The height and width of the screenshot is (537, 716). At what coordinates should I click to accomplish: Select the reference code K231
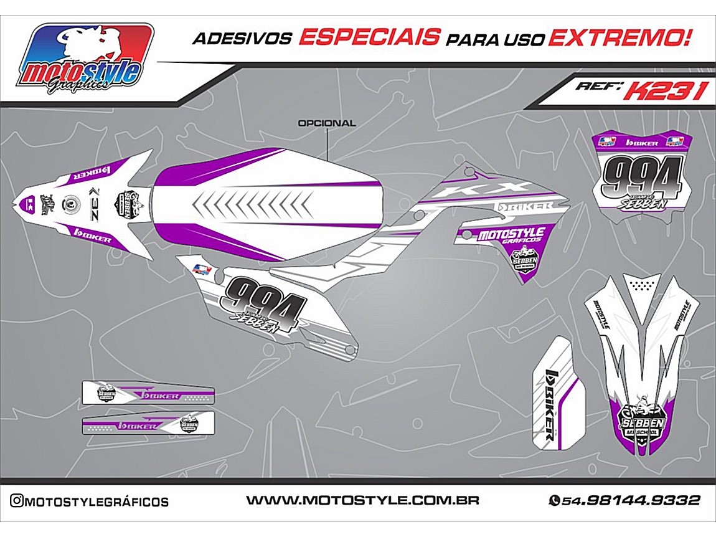[x=665, y=91]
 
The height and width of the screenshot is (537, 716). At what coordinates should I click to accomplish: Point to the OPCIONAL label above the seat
[x=327, y=123]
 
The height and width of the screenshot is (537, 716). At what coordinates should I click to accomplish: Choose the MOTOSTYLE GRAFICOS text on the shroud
[x=509, y=235]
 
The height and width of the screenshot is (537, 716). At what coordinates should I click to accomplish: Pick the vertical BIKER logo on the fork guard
[x=550, y=406]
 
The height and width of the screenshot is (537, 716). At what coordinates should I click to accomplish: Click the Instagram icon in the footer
[x=17, y=501]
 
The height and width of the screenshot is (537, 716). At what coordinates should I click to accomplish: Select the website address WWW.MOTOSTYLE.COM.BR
[x=362, y=500]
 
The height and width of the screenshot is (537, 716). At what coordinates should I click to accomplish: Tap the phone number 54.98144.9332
[x=631, y=500]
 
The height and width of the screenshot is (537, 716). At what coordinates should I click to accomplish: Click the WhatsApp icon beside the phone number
[x=553, y=501]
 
